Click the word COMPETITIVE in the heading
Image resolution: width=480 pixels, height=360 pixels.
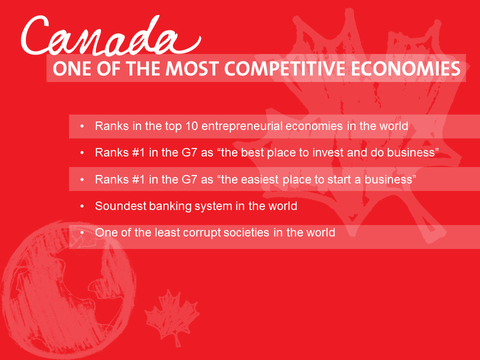pos(285,68)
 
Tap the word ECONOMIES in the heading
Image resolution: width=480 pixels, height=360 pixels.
pos(406,68)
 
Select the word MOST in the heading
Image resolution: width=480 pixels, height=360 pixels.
pos(192,68)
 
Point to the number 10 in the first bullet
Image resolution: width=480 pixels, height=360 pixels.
pos(191,126)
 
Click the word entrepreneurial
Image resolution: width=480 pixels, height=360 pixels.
pos(242,126)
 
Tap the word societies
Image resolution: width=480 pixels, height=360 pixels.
pos(246,232)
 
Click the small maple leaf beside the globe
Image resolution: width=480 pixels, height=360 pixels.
pos(172,317)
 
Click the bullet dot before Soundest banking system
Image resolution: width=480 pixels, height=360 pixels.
pos(81,206)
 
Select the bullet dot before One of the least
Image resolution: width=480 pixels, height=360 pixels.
pos(81,233)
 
